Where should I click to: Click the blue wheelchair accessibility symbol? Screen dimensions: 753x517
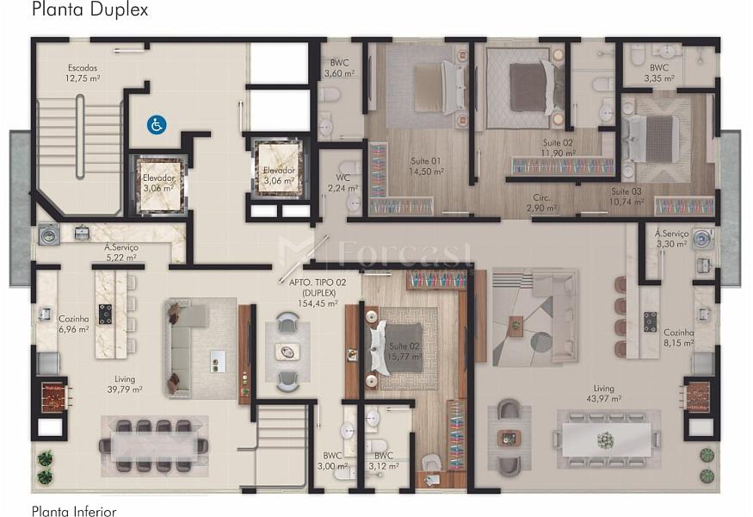point(157,125)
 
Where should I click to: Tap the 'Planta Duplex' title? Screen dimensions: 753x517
point(90,9)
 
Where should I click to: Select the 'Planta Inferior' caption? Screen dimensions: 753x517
point(74,511)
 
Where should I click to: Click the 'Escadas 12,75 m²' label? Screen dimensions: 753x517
point(83,72)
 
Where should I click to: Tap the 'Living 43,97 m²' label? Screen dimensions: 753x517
point(603,393)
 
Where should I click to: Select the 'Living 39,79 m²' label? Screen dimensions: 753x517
point(125,384)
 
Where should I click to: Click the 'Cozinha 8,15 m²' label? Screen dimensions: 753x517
point(679,338)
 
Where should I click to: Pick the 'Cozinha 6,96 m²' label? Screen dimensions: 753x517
point(73,324)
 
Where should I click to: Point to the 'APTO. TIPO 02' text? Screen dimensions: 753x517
point(318,283)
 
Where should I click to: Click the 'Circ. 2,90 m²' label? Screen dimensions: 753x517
point(541,202)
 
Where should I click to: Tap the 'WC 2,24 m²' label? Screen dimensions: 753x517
point(343,183)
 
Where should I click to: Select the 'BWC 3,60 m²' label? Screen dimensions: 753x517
point(340,68)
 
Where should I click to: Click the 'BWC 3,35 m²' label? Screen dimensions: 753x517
point(659,73)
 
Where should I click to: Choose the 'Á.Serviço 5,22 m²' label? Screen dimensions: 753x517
point(121,252)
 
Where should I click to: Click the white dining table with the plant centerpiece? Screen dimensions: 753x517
point(608,439)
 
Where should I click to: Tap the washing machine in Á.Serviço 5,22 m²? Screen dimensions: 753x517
point(48,234)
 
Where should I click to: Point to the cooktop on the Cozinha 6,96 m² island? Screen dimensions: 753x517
point(106,314)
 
